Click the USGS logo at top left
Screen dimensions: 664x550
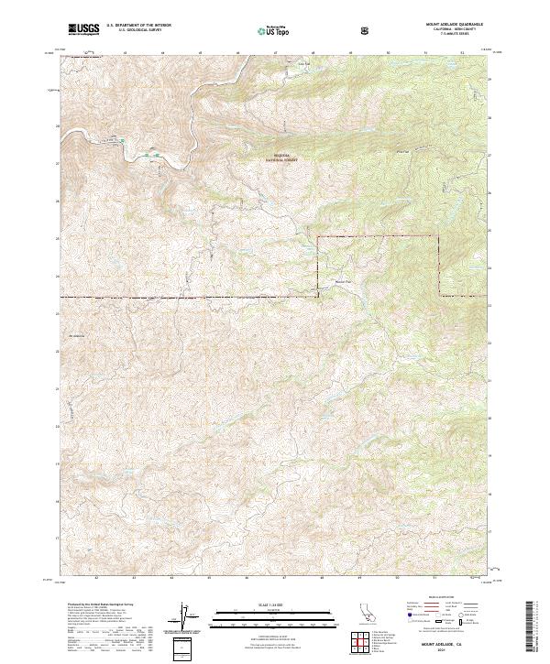tap(83, 29)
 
